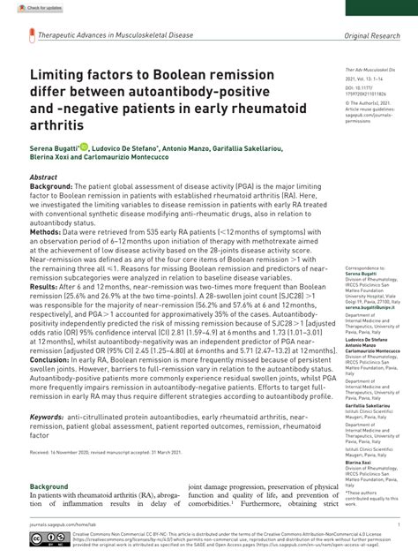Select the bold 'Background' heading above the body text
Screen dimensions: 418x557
(49, 486)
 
